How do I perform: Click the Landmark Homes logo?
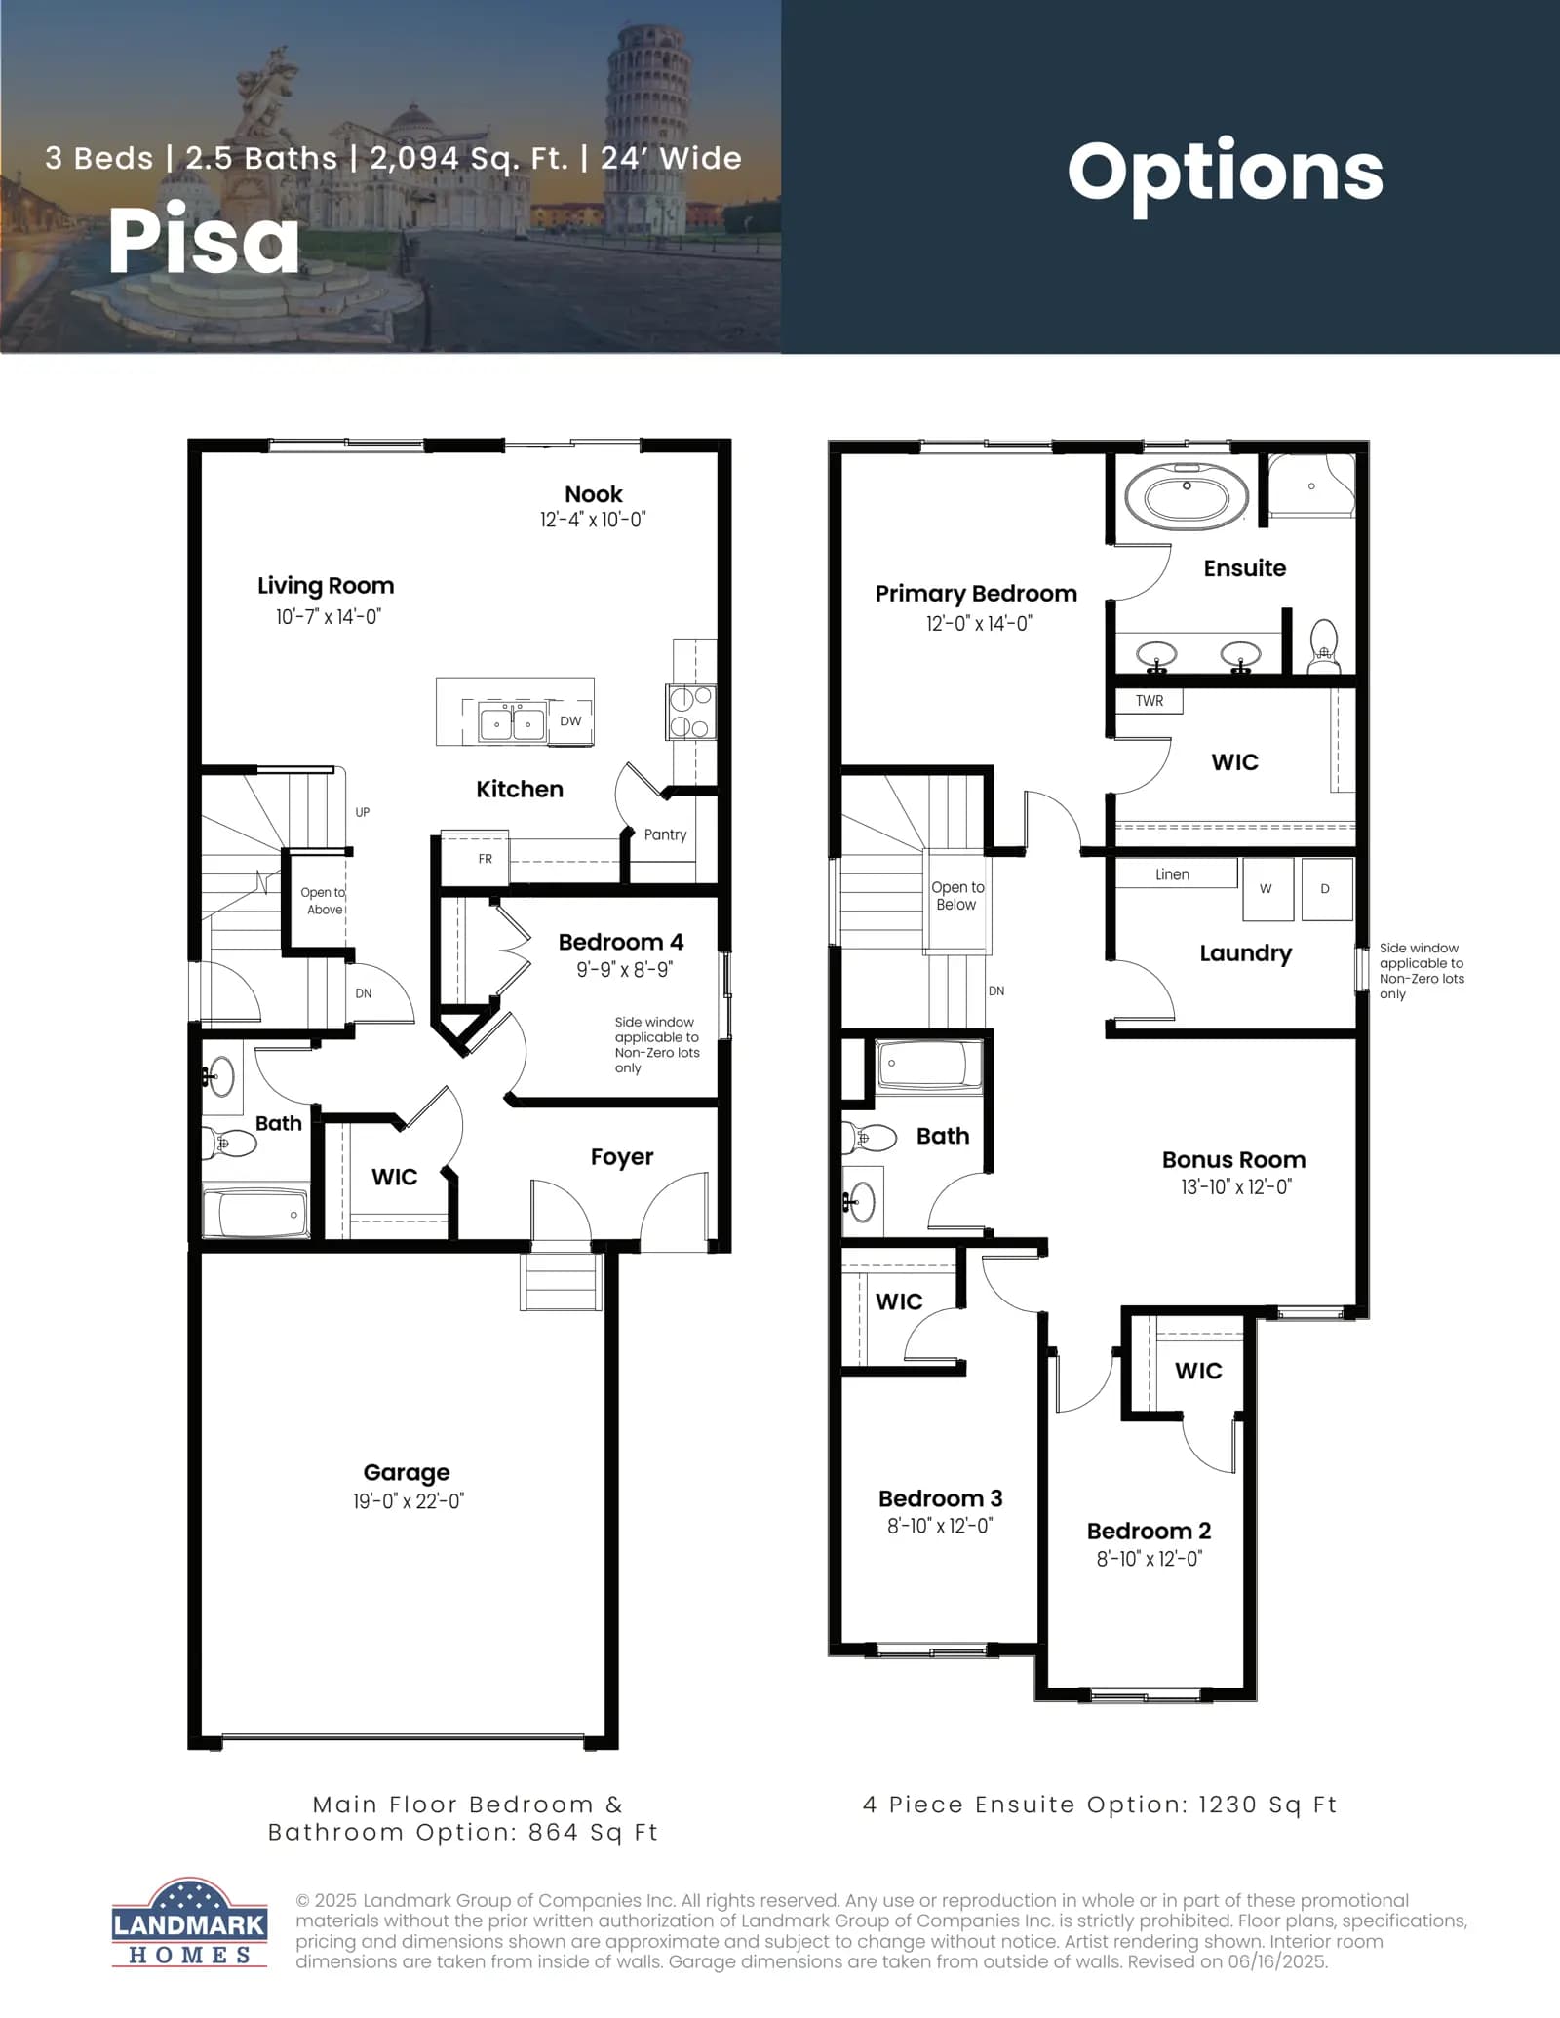(189, 1921)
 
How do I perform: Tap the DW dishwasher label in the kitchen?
(570, 721)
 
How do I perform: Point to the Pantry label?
(665, 834)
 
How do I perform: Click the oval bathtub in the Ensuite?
(1187, 497)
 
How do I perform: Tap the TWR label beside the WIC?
(1150, 701)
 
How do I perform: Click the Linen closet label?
(1172, 874)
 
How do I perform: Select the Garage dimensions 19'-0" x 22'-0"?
(409, 1501)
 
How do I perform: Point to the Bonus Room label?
(1233, 1160)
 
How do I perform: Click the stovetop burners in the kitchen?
(691, 712)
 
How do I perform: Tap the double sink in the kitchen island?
(513, 722)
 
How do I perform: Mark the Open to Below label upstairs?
(957, 896)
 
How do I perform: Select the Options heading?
(1226, 173)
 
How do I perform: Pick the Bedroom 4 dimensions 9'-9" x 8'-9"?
(624, 970)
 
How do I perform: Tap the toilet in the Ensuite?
(1323, 646)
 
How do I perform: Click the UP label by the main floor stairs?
(363, 812)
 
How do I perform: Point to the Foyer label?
(622, 1157)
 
